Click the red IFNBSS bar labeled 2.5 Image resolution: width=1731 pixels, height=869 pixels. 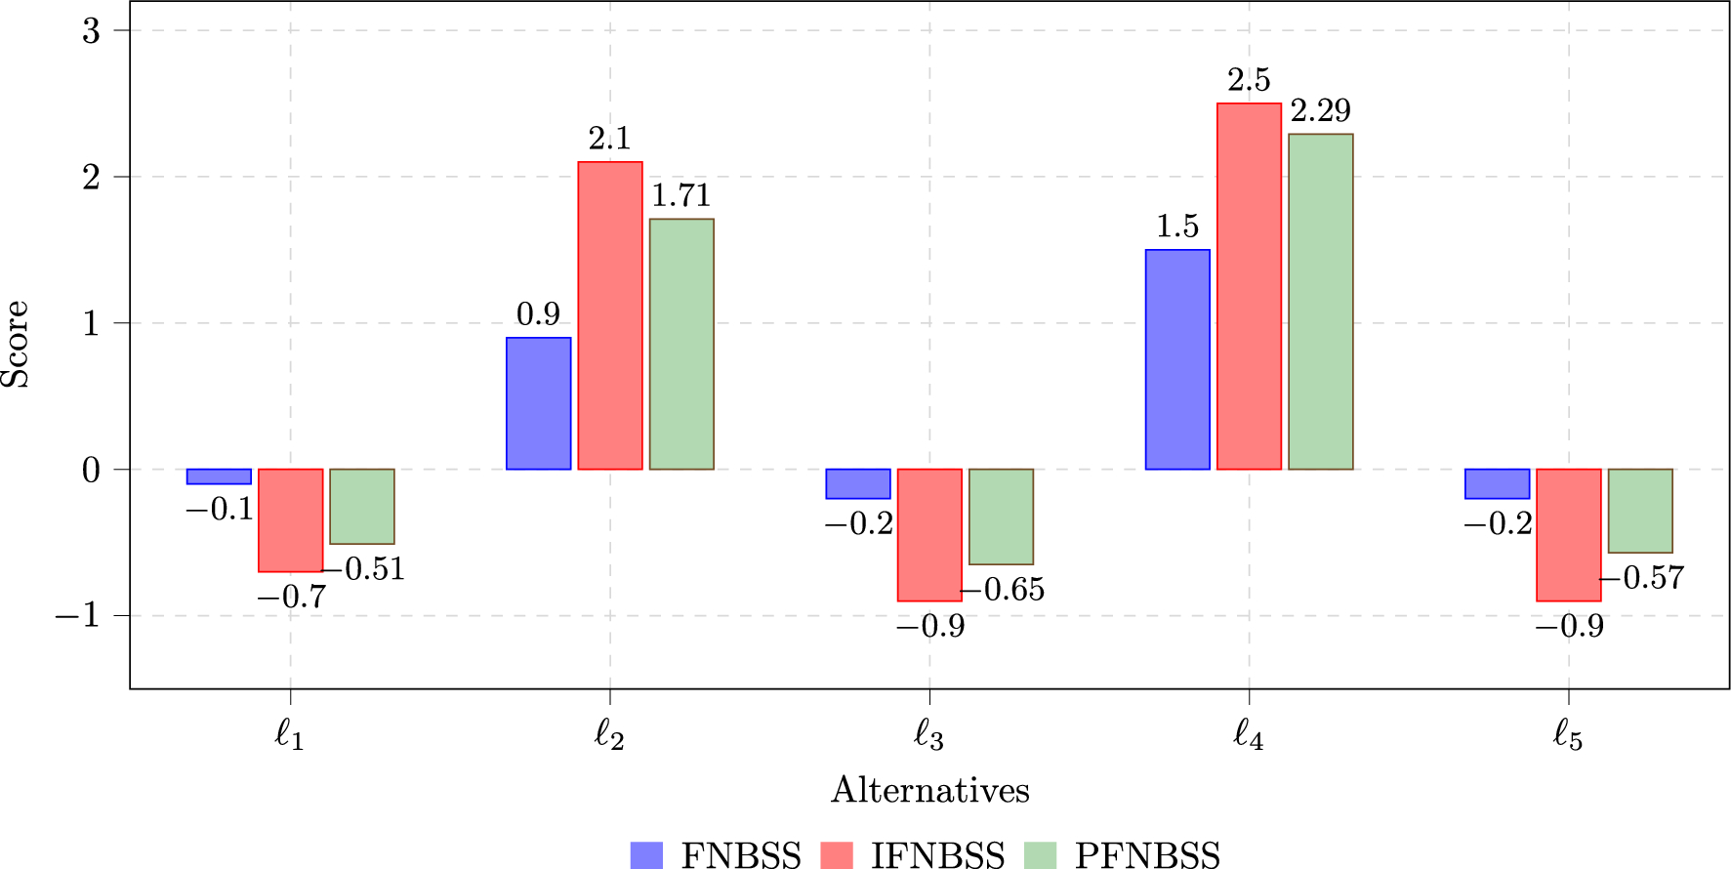click(x=1249, y=286)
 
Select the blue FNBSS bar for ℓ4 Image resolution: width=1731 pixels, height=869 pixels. click(x=1177, y=359)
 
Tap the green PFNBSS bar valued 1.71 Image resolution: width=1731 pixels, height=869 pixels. click(x=681, y=344)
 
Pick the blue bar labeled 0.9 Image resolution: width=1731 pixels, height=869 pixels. click(x=538, y=403)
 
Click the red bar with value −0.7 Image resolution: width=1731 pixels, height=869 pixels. click(x=290, y=520)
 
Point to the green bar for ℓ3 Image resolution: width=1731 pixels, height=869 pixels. click(x=1001, y=517)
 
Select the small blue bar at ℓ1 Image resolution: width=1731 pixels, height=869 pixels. click(x=219, y=476)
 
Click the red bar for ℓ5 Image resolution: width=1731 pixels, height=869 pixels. click(x=1568, y=535)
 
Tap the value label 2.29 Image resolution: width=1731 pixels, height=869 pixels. click(x=1320, y=111)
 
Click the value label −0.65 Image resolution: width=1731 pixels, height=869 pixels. click(x=1003, y=590)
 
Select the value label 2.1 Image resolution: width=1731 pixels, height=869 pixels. click(x=609, y=140)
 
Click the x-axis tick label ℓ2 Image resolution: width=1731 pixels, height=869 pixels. click(x=609, y=735)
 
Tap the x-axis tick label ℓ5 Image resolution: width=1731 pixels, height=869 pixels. click(x=1568, y=735)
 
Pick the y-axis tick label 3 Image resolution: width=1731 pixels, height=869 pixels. click(x=91, y=30)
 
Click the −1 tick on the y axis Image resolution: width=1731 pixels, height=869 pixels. click(x=77, y=616)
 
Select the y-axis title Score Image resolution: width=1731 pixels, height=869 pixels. click(x=16, y=344)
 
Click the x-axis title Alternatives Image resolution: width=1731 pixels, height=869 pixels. click(x=929, y=790)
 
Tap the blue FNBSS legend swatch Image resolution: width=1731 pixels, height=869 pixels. click(x=646, y=855)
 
